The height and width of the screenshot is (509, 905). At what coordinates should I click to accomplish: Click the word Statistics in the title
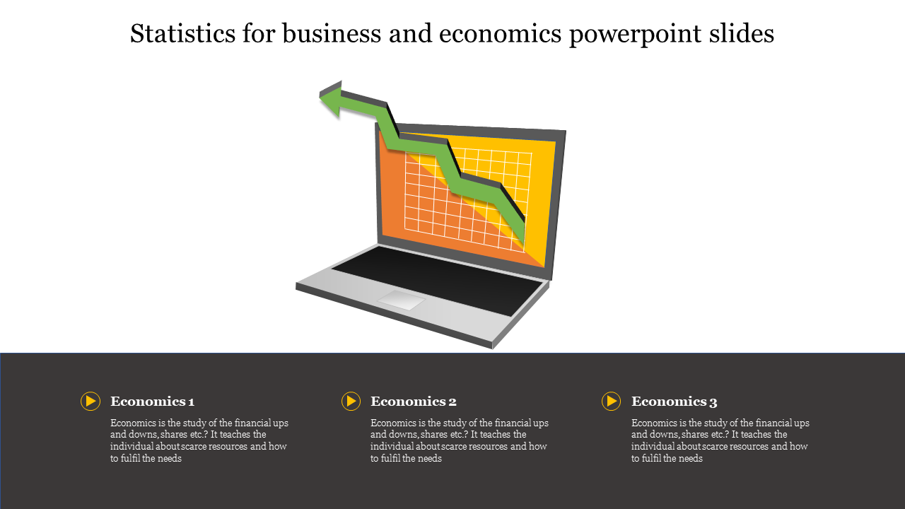click(182, 33)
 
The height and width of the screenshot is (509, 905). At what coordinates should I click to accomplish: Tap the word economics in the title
click(500, 33)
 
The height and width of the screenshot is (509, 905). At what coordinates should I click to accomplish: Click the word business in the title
click(332, 33)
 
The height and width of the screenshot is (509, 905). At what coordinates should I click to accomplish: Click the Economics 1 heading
click(152, 401)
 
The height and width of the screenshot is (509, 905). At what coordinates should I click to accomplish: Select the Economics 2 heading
click(414, 401)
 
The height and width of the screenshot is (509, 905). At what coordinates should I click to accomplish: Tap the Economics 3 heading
click(674, 401)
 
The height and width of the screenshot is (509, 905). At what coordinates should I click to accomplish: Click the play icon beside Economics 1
click(90, 401)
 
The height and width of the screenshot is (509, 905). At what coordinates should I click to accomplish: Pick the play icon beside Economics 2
click(351, 401)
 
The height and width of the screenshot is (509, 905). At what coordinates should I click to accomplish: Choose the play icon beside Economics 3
click(612, 401)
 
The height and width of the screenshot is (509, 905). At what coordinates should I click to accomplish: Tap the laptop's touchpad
click(401, 300)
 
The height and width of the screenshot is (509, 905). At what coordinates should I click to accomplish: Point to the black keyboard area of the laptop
click(436, 280)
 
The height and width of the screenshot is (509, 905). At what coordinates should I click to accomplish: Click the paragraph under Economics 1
click(199, 440)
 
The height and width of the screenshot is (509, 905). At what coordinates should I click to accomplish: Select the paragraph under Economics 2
click(460, 440)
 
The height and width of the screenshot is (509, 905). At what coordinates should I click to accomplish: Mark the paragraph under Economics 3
click(720, 440)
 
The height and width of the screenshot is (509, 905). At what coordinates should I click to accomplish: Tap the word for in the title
click(259, 33)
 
